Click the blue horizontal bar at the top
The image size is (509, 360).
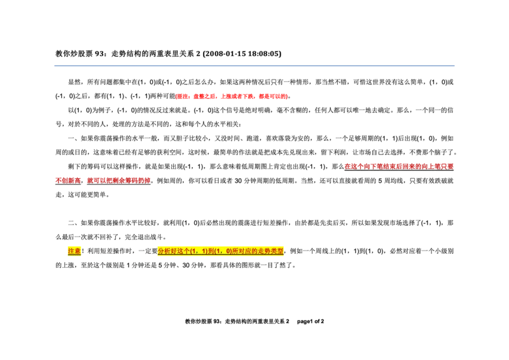(254, 66)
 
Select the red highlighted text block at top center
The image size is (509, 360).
(232, 97)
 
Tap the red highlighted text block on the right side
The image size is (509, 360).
(400, 166)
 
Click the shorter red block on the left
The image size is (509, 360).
(67, 180)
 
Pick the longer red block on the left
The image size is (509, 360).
(119, 180)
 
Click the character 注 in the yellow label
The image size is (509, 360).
(71, 251)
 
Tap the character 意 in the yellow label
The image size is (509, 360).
(78, 251)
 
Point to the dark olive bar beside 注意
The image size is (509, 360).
(117, 257)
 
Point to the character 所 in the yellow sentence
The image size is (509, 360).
(235, 251)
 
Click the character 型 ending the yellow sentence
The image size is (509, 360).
(281, 251)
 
